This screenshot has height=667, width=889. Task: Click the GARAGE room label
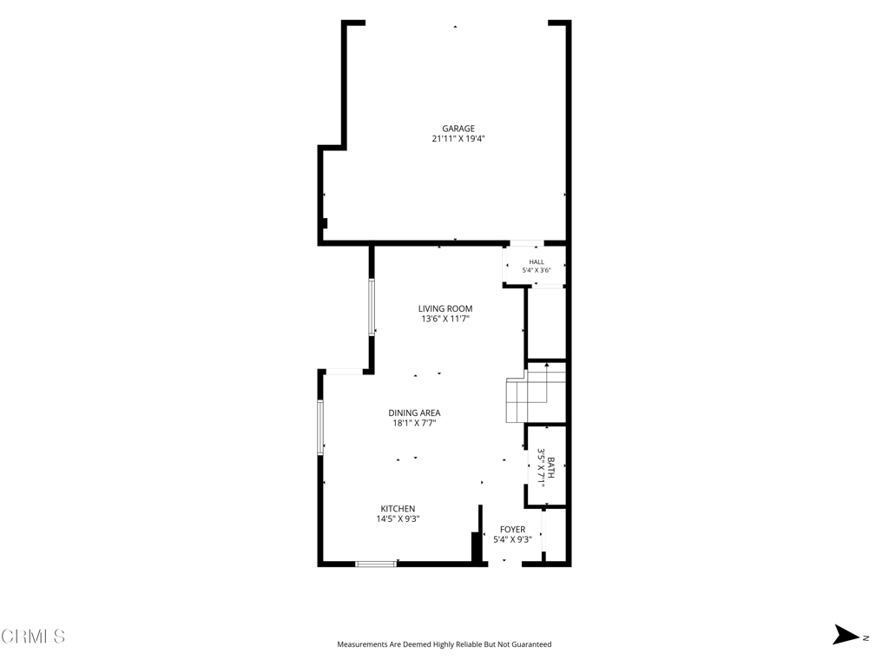click(x=458, y=129)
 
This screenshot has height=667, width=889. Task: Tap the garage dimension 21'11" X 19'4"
click(x=458, y=138)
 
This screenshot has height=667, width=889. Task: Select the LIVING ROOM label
click(x=445, y=309)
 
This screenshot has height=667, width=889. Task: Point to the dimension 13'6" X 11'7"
click(x=445, y=319)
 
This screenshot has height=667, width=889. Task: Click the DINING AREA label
click(x=414, y=413)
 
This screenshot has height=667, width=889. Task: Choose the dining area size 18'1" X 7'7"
click(x=414, y=423)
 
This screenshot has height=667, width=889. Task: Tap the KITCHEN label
click(x=398, y=509)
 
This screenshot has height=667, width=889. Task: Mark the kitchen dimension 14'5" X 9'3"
click(x=398, y=519)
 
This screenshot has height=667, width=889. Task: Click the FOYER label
click(x=512, y=530)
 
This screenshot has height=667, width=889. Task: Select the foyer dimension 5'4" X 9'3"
click(x=512, y=539)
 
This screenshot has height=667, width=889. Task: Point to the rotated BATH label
click(x=551, y=468)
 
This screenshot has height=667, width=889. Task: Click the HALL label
click(x=537, y=262)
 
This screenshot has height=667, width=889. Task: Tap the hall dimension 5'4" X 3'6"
click(x=537, y=271)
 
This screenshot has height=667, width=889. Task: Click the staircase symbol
click(x=536, y=392)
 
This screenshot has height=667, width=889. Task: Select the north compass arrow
click(x=846, y=635)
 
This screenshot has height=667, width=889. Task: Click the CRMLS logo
click(x=33, y=637)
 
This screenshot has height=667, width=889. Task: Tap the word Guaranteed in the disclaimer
click(x=532, y=644)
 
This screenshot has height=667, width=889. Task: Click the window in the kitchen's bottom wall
click(x=376, y=564)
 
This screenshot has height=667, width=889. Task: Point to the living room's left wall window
click(x=372, y=307)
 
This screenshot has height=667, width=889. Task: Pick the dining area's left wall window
click(x=320, y=427)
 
